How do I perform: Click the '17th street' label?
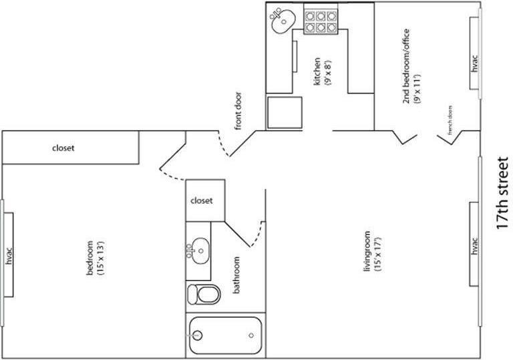tap(502, 194)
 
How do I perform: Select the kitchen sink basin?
tap(283, 20)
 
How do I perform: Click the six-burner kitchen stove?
tap(319, 20)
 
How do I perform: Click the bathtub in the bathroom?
tap(224, 335)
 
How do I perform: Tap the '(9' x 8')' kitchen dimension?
tap(328, 71)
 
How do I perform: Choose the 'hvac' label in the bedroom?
tap(9, 256)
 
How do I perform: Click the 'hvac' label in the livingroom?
tap(475, 246)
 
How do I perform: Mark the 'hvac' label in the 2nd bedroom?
tap(475, 65)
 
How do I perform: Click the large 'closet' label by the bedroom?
tap(63, 148)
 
